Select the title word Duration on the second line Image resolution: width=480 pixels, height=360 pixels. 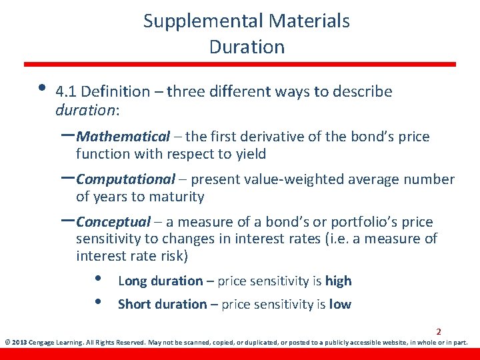point(247,47)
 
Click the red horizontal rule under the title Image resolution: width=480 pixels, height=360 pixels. point(240,65)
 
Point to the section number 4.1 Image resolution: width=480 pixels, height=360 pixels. point(66,92)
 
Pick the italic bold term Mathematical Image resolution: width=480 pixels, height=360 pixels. point(123,137)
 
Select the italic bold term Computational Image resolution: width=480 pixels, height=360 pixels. point(126,179)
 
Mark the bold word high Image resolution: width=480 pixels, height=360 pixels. point(338,281)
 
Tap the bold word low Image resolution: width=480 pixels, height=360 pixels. point(340,305)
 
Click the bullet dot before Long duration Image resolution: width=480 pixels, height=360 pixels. point(97,279)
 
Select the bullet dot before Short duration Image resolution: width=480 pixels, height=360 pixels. point(97,302)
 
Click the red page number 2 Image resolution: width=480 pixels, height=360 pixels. point(439,331)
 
